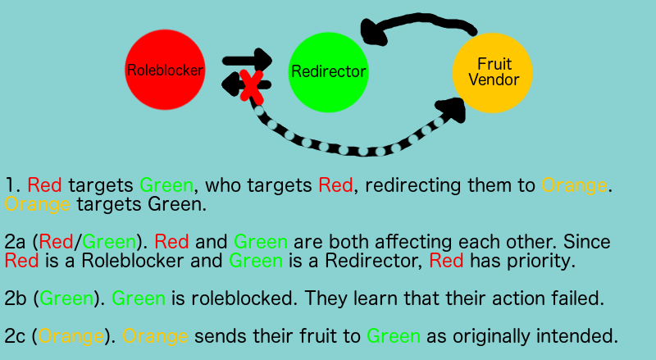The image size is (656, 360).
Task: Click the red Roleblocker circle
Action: [x=166, y=70]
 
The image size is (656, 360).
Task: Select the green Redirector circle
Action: [x=329, y=72]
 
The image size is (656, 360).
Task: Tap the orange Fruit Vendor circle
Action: [x=493, y=73]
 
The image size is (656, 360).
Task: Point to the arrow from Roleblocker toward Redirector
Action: [x=248, y=61]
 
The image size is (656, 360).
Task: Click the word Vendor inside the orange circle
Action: [x=494, y=80]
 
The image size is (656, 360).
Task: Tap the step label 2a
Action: [x=15, y=242]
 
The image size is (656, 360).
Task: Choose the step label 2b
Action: [x=16, y=298]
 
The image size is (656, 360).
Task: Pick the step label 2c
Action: [x=15, y=336]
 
